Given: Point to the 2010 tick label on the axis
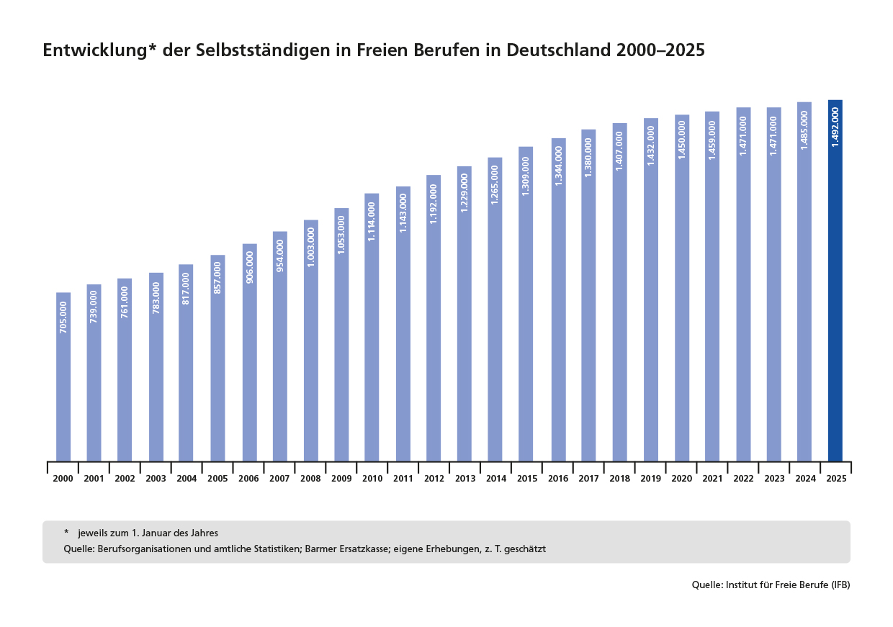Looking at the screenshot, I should (x=372, y=479).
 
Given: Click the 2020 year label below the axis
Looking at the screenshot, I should (x=681, y=479).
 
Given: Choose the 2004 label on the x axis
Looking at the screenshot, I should (x=187, y=479).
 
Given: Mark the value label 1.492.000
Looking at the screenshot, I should (x=835, y=127).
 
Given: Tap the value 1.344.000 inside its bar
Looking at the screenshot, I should (x=558, y=166).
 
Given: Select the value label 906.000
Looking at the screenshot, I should (x=249, y=266).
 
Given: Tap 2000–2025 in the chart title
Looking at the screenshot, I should (x=660, y=51).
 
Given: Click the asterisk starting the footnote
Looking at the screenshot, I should (x=66, y=533).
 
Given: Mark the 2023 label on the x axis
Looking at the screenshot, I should (x=773, y=479).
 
